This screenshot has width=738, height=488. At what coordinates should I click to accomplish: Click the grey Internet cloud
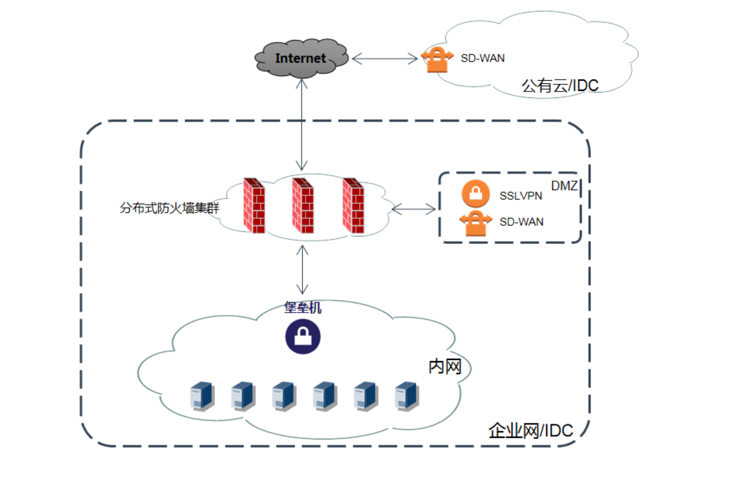tap(301, 58)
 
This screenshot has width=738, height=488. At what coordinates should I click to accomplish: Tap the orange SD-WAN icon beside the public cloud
tap(437, 60)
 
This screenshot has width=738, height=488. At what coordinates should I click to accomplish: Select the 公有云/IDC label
tap(560, 86)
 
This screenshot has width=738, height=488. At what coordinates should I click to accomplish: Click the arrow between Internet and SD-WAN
tap(385, 58)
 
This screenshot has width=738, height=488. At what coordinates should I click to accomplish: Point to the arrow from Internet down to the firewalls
tap(301, 125)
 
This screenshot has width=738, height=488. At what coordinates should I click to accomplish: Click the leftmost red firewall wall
tap(254, 205)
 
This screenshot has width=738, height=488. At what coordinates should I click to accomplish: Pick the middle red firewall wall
tap(303, 205)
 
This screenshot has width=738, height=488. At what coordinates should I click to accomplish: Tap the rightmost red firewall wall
tap(353, 205)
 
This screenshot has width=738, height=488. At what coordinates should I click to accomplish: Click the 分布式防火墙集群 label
tap(169, 208)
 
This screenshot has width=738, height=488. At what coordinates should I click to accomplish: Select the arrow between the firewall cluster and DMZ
tap(414, 209)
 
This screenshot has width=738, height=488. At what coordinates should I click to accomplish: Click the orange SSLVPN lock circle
tap(475, 194)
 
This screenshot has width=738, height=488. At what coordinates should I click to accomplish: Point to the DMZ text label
tap(564, 186)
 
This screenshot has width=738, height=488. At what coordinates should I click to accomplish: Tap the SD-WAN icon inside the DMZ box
tap(475, 224)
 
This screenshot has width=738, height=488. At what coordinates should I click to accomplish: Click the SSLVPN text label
tap(520, 196)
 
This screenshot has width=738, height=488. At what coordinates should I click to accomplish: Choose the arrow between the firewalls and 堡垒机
tap(302, 270)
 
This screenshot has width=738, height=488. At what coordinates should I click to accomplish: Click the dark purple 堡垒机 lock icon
tap(303, 336)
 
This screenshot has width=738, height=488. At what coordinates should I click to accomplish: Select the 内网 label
tap(445, 367)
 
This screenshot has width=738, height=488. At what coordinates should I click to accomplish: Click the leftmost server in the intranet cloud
tap(202, 397)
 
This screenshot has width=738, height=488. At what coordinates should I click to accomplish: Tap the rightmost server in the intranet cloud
tap(407, 397)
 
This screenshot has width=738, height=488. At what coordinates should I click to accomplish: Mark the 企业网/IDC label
tap(531, 431)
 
